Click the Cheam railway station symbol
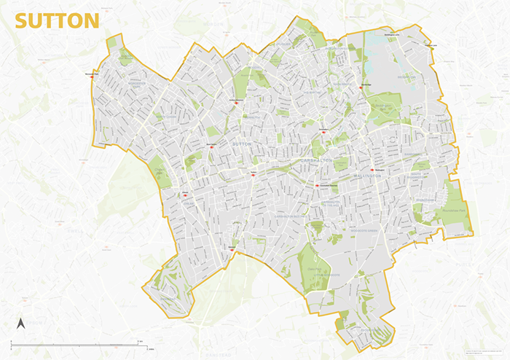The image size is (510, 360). tap(185, 195)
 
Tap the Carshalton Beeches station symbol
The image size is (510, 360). tap(318, 185)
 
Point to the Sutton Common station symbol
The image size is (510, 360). tap(236, 103)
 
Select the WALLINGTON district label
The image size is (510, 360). tap(366, 176)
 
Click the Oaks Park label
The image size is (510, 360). tap(317, 270)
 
